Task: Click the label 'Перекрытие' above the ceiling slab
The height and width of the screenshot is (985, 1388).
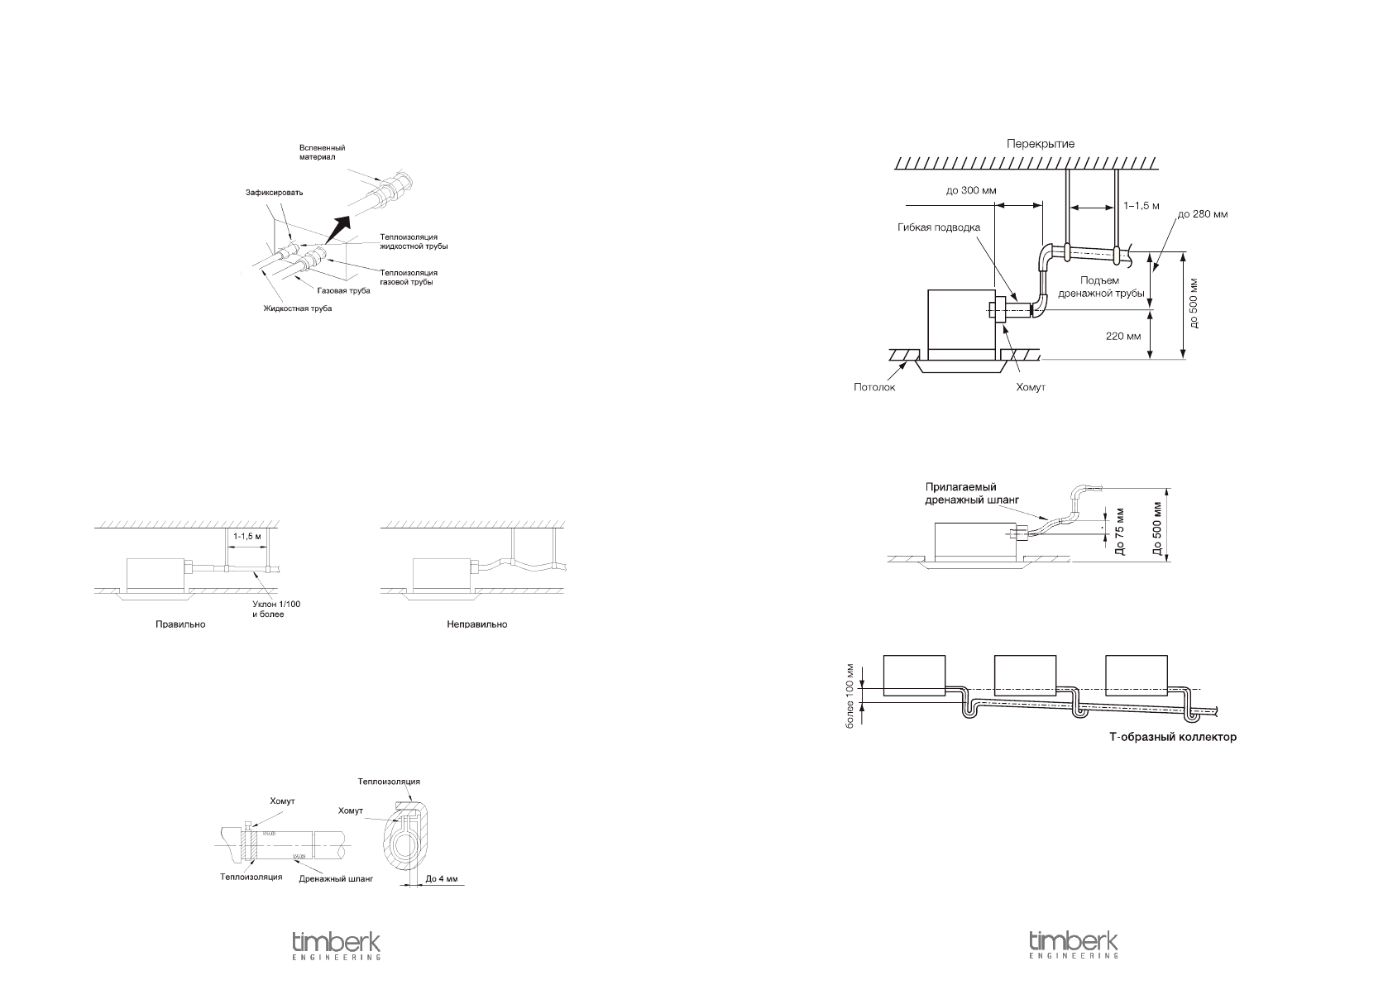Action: pyautogui.click(x=1040, y=144)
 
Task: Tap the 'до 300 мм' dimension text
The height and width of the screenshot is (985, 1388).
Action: pyautogui.click(x=971, y=190)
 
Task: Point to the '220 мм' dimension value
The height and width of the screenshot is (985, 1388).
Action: pyautogui.click(x=1122, y=337)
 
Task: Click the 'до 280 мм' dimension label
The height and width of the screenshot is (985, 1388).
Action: pyautogui.click(x=1203, y=213)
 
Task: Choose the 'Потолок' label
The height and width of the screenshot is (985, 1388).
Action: pyautogui.click(x=874, y=386)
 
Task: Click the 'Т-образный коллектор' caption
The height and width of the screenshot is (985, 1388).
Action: pyautogui.click(x=1173, y=737)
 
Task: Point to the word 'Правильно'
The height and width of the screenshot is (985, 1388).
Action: pyautogui.click(x=180, y=624)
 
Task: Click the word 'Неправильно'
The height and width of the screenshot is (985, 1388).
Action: pyautogui.click(x=476, y=624)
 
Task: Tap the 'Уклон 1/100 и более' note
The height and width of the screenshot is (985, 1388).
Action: pyautogui.click(x=276, y=610)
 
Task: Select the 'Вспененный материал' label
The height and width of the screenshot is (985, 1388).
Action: pyautogui.click(x=323, y=152)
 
